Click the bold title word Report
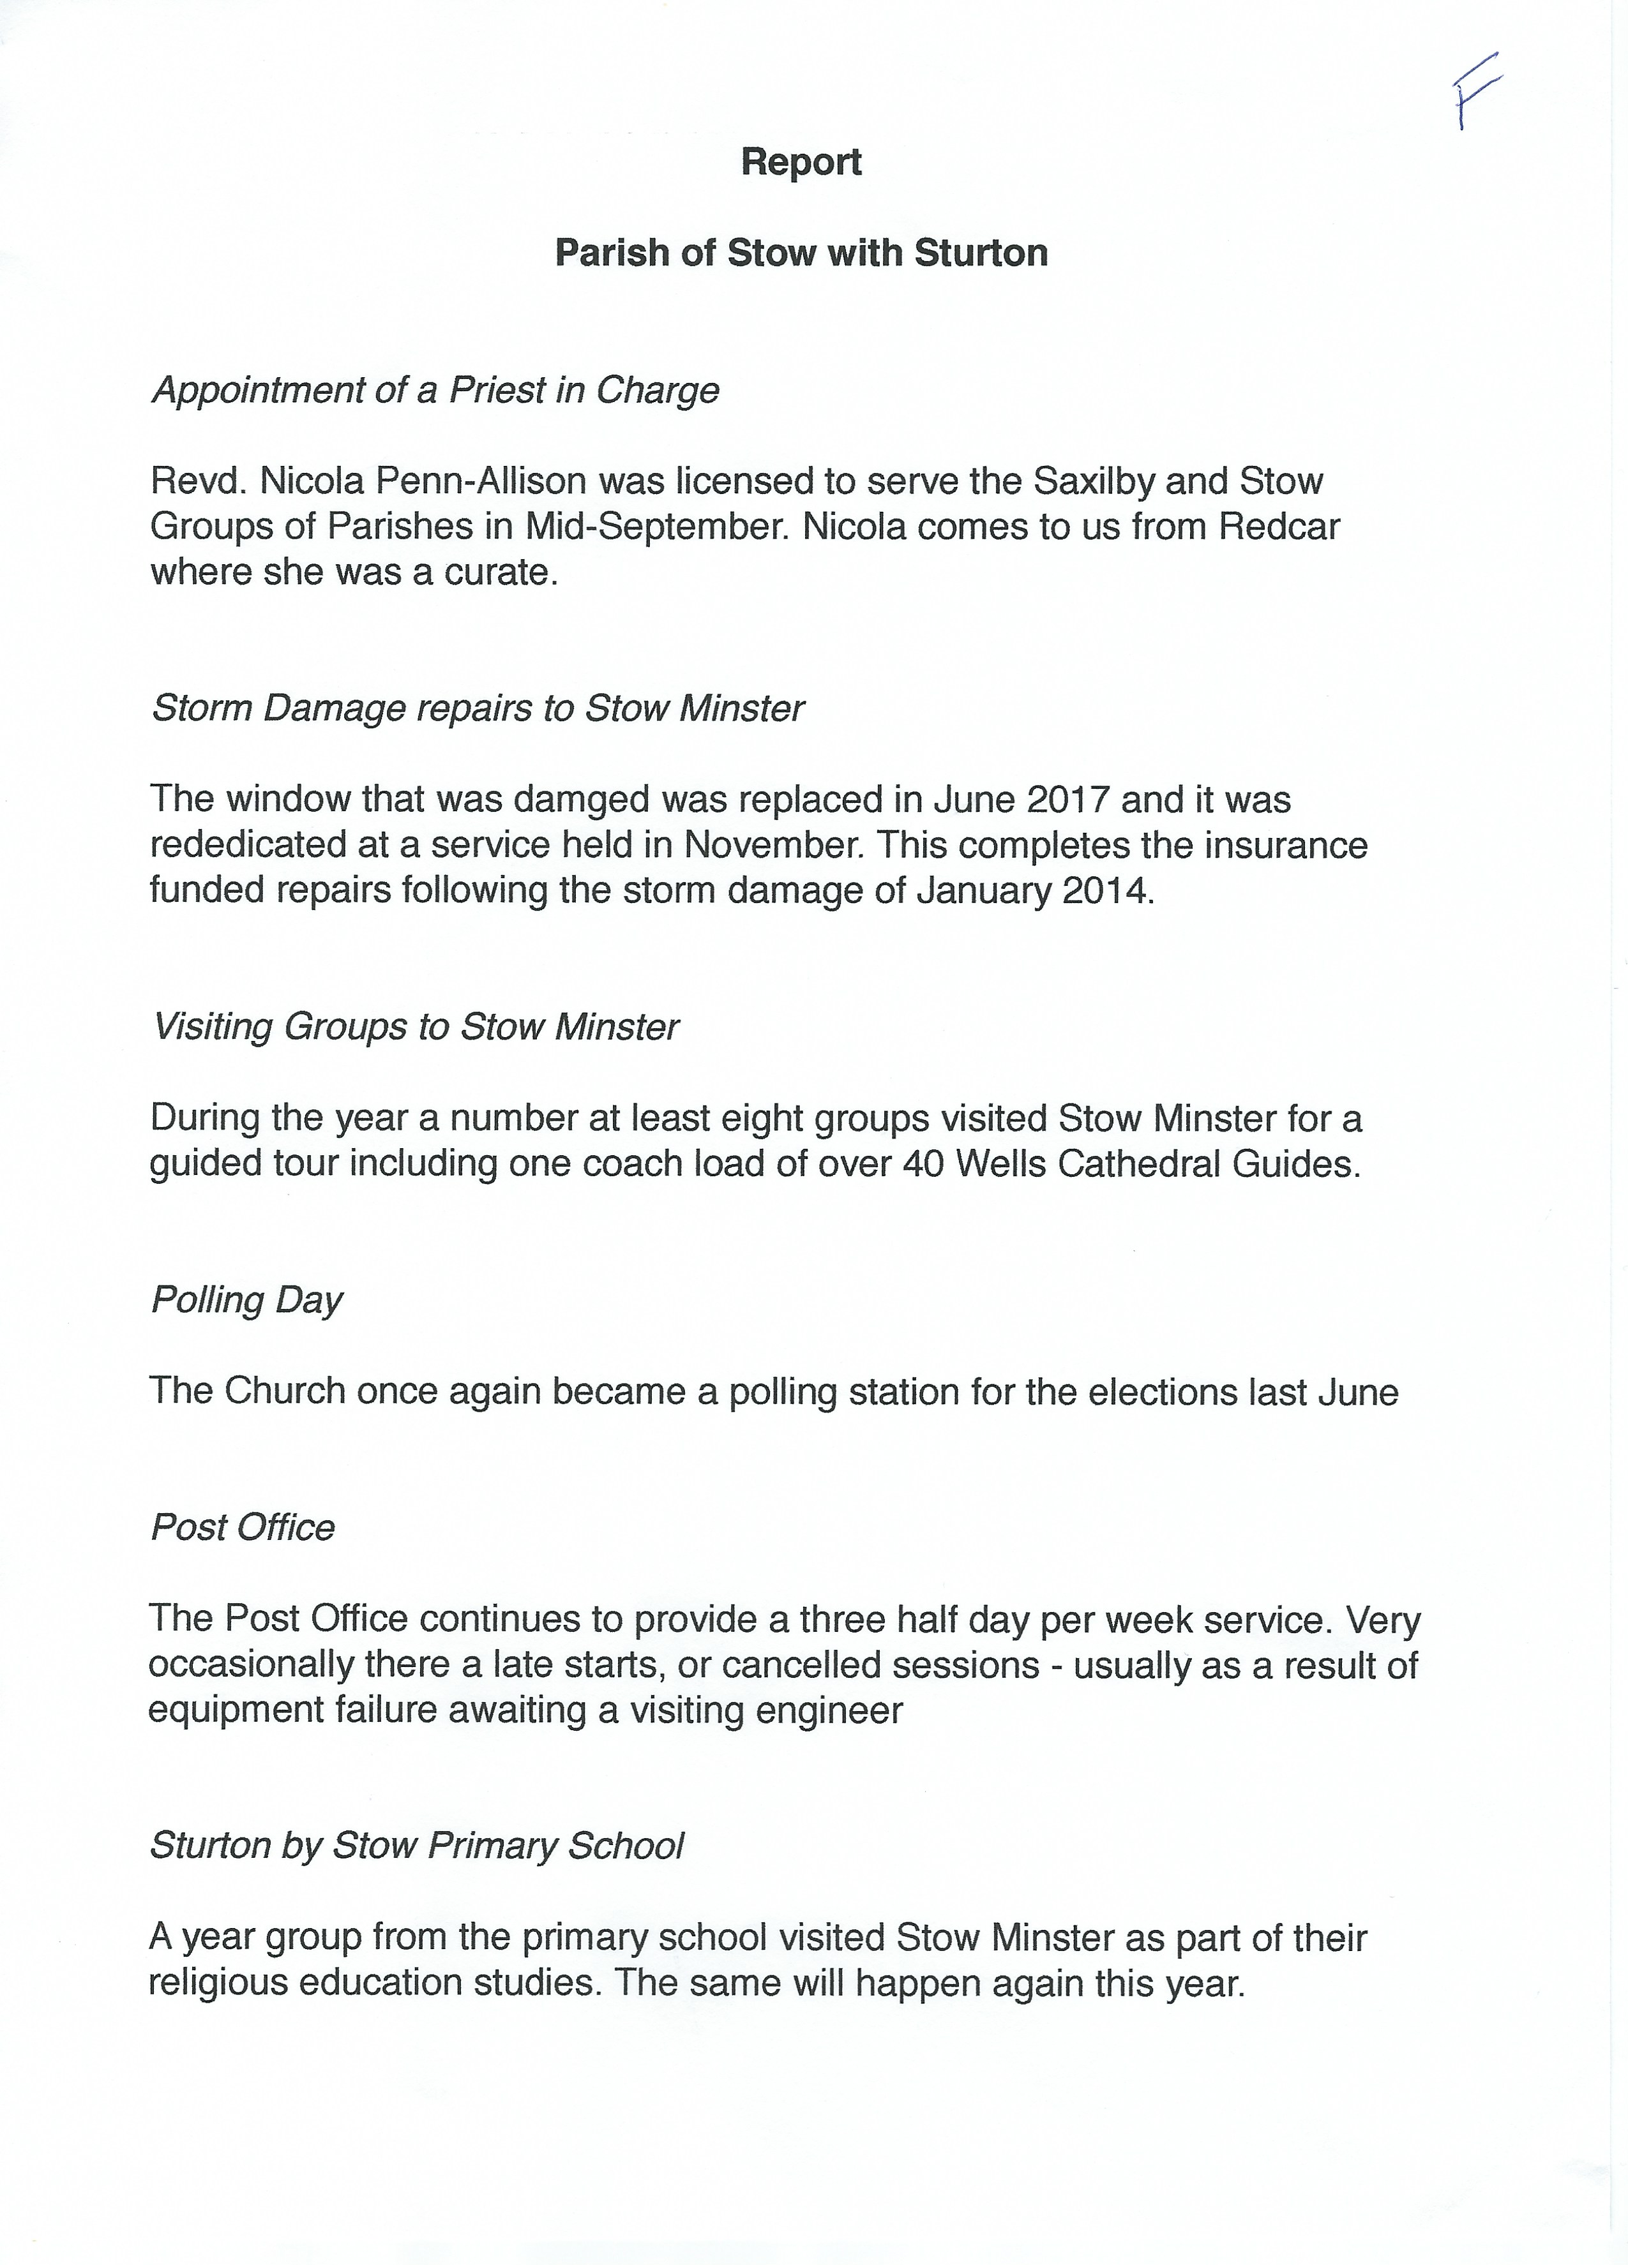pyautogui.click(x=801, y=162)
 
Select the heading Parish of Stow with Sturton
pyautogui.click(x=801, y=253)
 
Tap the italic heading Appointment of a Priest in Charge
pyautogui.click(x=435, y=389)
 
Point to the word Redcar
pyautogui.click(x=1279, y=527)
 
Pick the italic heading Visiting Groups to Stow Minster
pyautogui.click(x=416, y=1027)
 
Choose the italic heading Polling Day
pyautogui.click(x=246, y=1299)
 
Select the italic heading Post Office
pyautogui.click(x=243, y=1527)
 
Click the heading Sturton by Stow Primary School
pyautogui.click(x=416, y=1846)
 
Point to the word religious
pyautogui.click(x=221, y=1982)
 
